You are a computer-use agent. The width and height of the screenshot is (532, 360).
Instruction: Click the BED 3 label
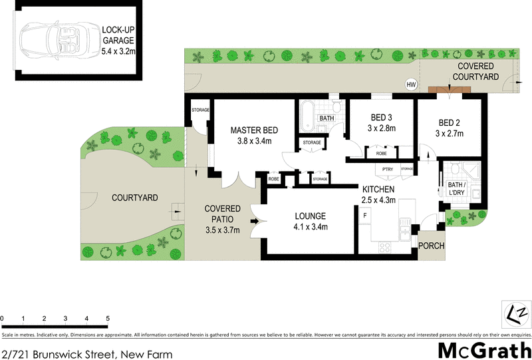381,123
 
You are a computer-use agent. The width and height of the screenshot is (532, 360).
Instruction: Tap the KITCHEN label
378,194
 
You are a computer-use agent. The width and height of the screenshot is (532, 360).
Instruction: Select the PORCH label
431,246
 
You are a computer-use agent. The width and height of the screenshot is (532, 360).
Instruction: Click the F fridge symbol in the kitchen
364,216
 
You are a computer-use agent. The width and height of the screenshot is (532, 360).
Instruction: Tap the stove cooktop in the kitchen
385,246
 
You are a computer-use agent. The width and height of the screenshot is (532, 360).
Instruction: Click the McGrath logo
483,350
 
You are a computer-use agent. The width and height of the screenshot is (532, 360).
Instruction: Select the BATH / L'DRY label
456,189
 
